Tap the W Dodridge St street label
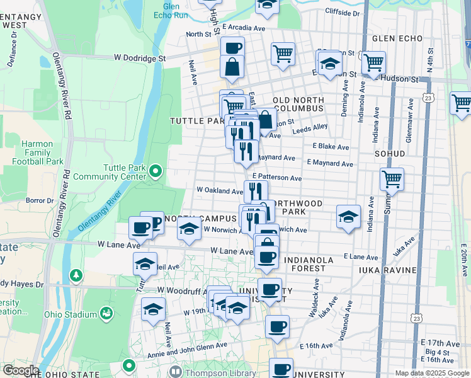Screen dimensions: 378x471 tap(139, 57)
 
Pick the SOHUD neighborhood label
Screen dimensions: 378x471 tap(390, 153)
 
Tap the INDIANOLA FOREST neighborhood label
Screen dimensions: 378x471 tap(313, 264)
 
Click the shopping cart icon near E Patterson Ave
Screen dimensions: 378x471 tap(392, 179)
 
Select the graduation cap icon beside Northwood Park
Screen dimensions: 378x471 tap(348, 217)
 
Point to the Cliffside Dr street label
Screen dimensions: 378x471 tap(343, 12)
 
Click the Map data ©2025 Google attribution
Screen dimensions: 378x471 tap(432, 373)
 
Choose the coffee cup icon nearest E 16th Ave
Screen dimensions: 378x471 tap(277, 326)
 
